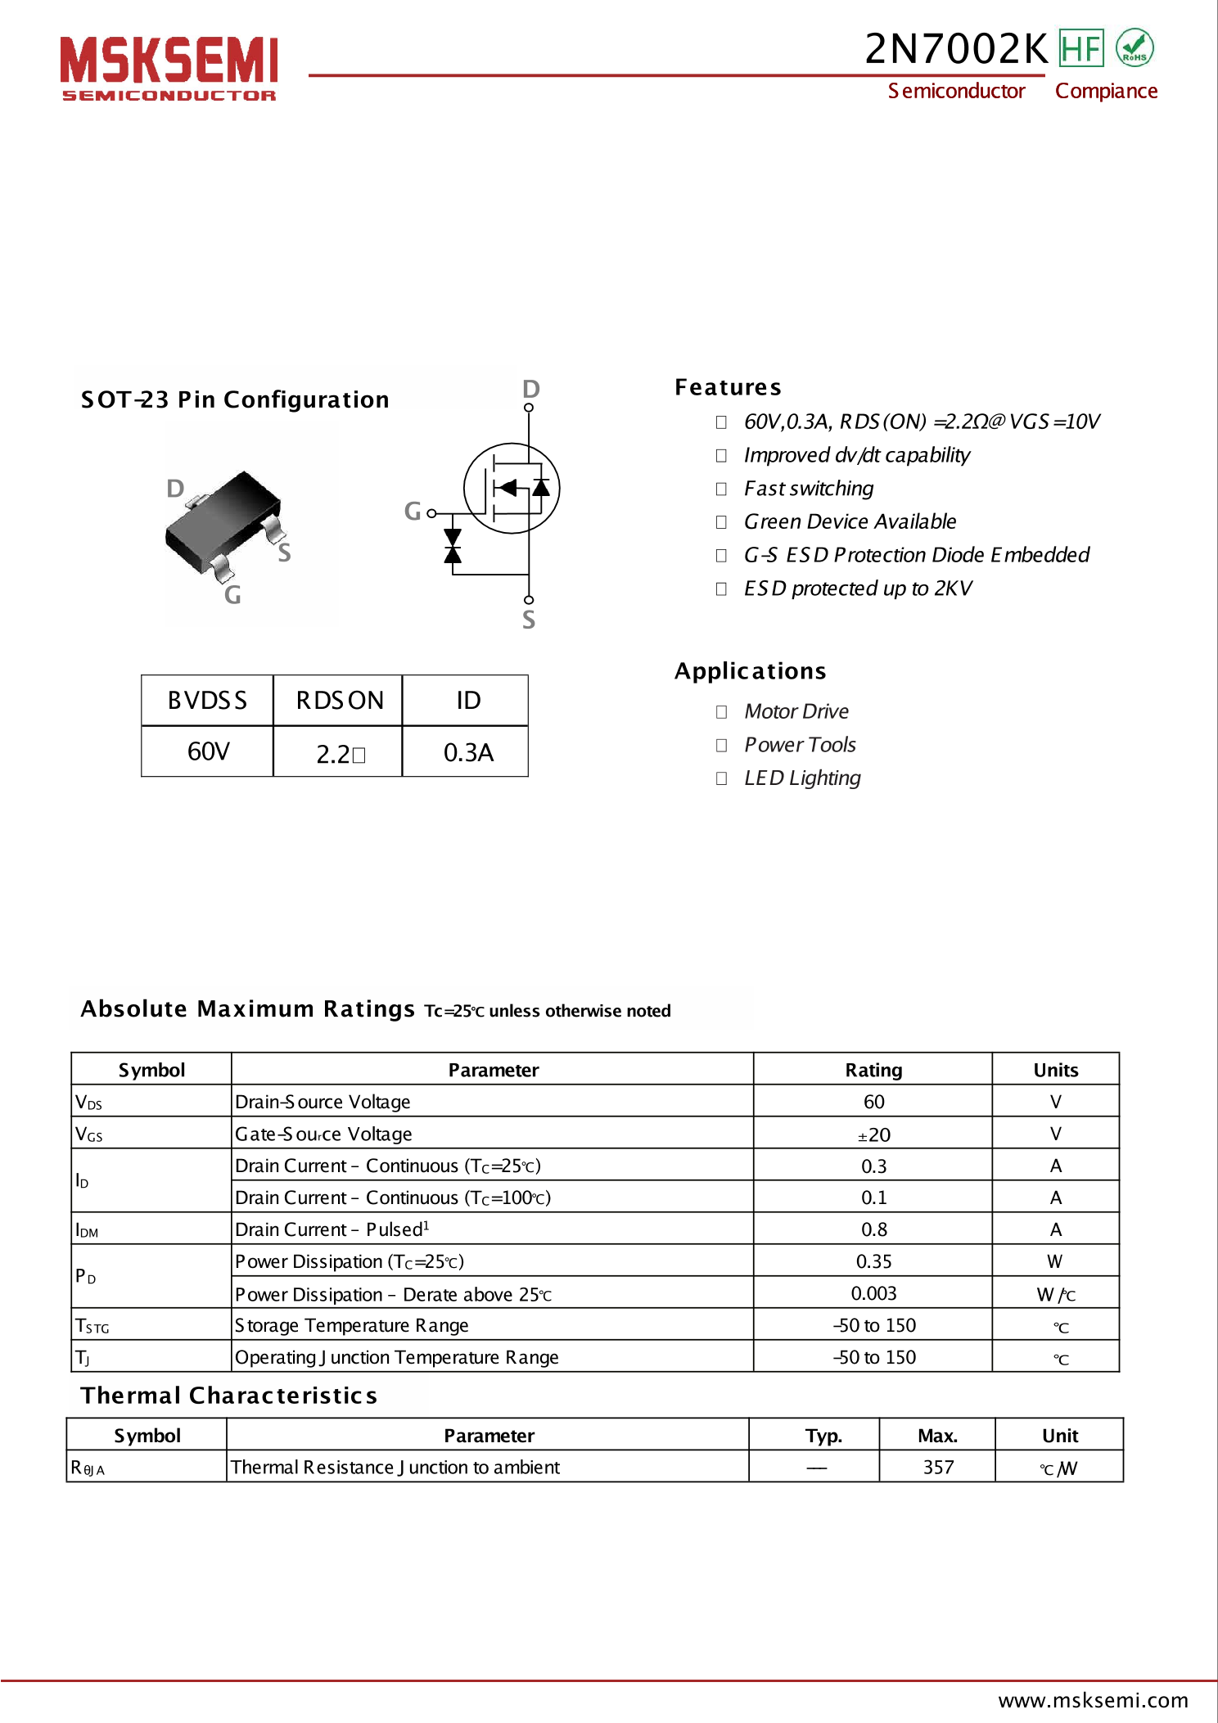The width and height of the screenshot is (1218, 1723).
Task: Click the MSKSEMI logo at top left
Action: (x=169, y=67)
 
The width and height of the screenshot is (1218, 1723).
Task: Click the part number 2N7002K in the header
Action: (x=955, y=49)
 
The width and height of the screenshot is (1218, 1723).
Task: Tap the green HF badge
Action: (x=1080, y=48)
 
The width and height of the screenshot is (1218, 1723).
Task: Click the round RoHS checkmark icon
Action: (x=1135, y=47)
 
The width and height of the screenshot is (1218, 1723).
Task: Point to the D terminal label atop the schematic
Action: (x=530, y=389)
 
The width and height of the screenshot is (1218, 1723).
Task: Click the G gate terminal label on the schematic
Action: (x=413, y=512)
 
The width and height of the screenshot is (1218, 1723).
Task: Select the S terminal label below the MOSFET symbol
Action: (x=529, y=620)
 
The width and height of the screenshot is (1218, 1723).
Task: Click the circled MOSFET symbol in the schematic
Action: (x=512, y=488)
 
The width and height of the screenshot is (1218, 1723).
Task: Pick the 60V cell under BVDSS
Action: (x=208, y=751)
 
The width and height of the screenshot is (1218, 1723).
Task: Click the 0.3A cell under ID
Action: (x=467, y=752)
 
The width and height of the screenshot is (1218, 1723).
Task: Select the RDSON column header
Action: (x=339, y=701)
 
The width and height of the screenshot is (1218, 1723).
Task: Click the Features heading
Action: (x=728, y=387)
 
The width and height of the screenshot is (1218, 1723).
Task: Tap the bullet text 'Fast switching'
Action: (x=808, y=489)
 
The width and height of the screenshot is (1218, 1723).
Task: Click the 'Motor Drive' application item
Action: (x=796, y=711)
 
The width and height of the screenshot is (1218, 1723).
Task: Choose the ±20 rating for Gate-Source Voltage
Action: (x=873, y=1134)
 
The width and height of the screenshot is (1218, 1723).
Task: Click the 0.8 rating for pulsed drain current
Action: (x=873, y=1229)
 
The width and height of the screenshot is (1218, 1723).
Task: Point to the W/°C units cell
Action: (x=1055, y=1294)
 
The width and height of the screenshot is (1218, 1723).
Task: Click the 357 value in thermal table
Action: (x=938, y=1468)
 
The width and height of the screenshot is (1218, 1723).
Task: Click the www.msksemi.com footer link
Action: (x=1093, y=1701)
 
